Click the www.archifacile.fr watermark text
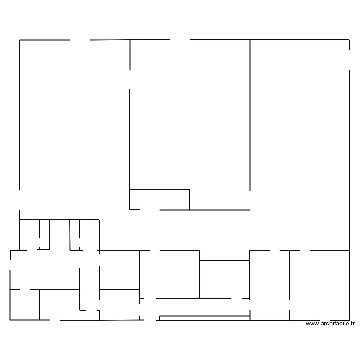[331, 324]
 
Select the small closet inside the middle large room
[159, 200]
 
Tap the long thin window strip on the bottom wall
[204, 317]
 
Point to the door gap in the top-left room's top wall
[80, 40]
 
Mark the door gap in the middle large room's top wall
[180, 40]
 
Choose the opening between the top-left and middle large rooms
[130, 79]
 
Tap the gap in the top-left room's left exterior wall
[20, 200]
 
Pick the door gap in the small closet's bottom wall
[149, 210]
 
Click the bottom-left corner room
[24, 305]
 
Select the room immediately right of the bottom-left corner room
[60, 305]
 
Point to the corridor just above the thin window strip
[202, 307]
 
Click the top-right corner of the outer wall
[349, 40]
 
